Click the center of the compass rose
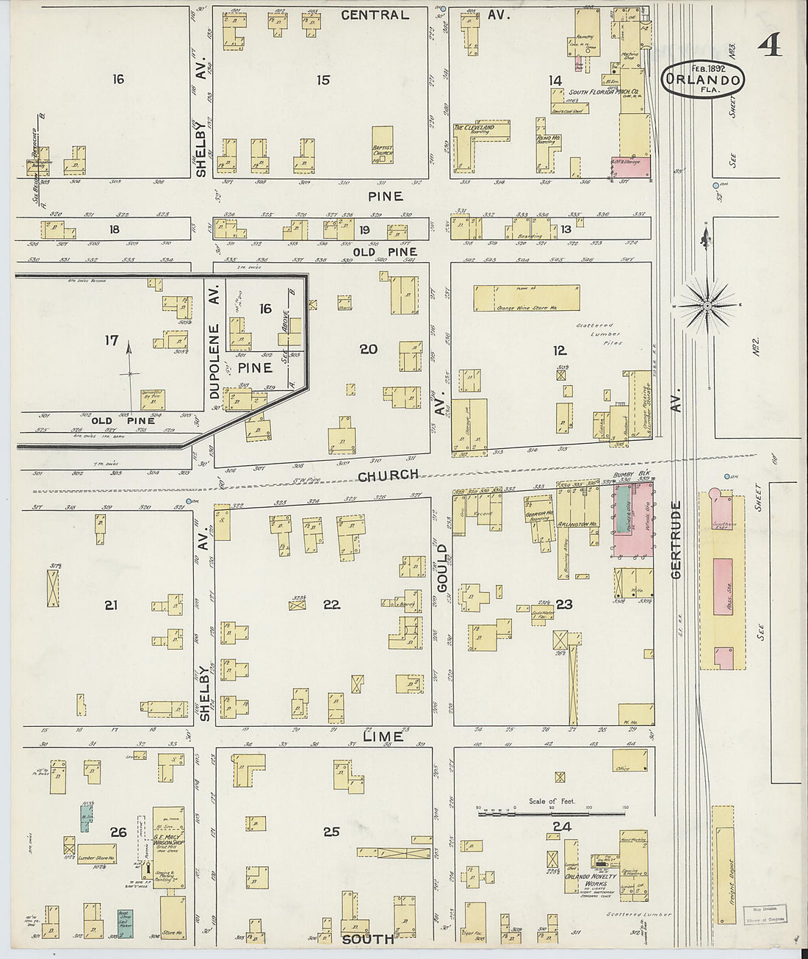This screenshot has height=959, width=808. [x=707, y=303]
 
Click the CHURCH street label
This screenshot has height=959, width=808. [x=389, y=475]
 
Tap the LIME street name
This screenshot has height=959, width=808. [x=383, y=736]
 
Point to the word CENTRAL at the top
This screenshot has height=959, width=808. [x=375, y=15]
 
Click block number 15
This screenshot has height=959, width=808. [x=322, y=80]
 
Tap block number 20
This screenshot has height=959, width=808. [x=368, y=349]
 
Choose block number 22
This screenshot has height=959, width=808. [x=331, y=605]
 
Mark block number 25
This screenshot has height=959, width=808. [x=331, y=832]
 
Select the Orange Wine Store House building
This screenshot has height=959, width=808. [x=527, y=298]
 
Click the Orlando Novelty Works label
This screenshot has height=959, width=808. [x=585, y=884]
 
